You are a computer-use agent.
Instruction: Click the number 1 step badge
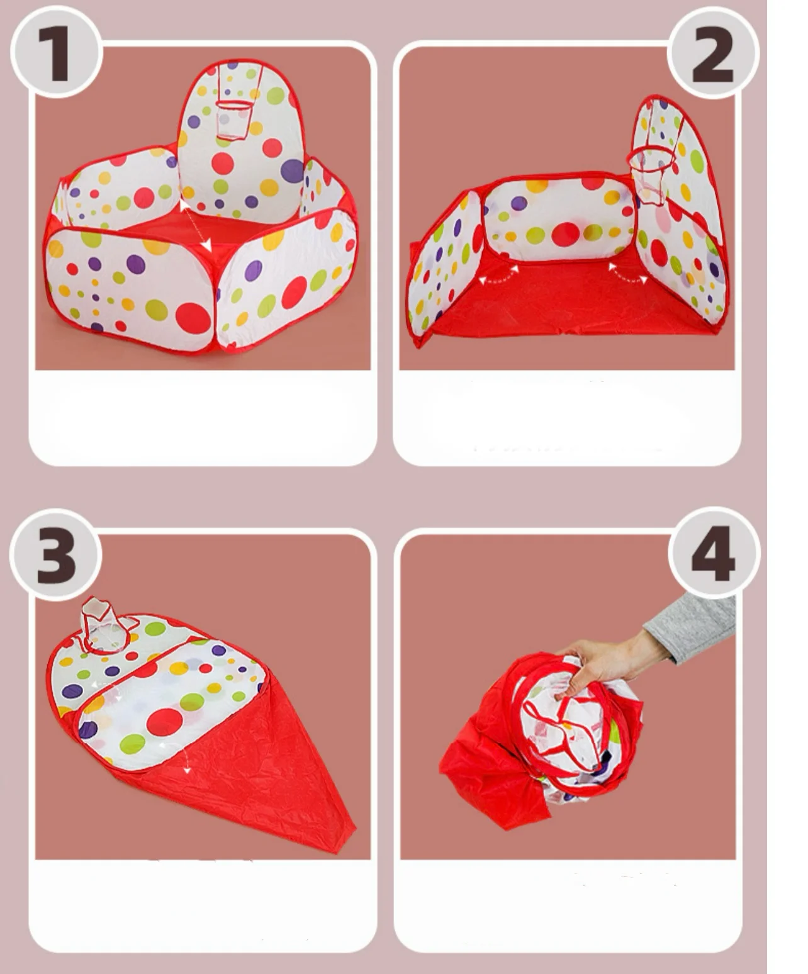click(x=55, y=52)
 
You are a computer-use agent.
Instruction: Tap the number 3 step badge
click(x=55, y=554)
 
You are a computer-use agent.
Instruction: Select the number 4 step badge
click(x=714, y=554)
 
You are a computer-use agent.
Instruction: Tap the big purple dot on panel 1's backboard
click(x=292, y=171)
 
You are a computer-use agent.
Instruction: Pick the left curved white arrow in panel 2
click(x=497, y=276)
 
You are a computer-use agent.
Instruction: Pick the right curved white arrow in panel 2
click(x=628, y=274)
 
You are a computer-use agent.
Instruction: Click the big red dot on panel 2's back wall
click(x=565, y=234)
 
